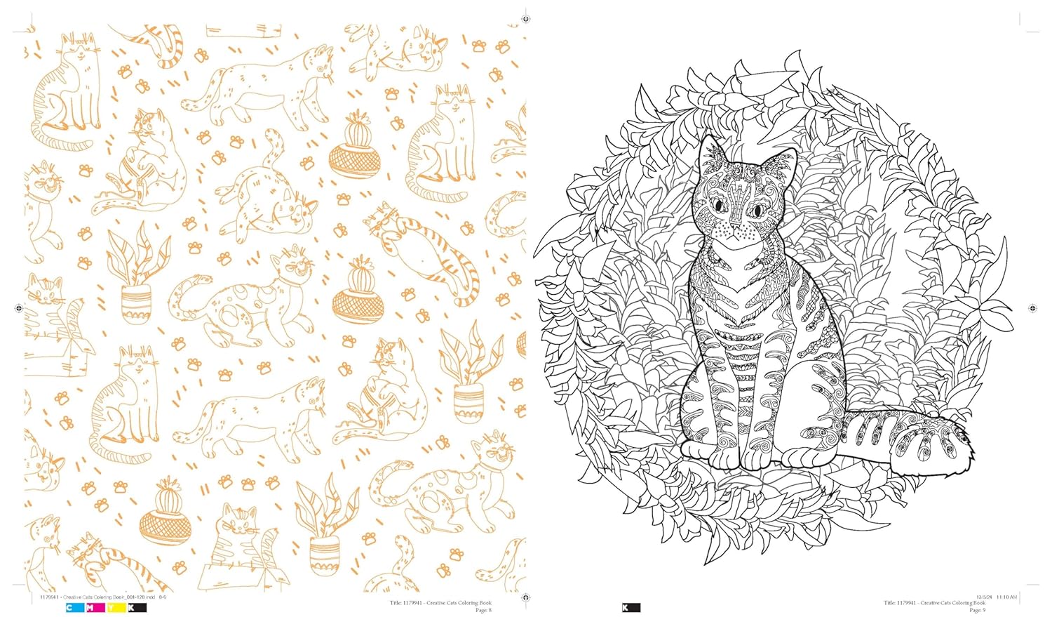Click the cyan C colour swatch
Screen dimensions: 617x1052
(70, 608)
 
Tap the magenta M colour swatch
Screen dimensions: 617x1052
(90, 608)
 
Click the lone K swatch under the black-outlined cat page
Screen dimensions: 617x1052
(626, 608)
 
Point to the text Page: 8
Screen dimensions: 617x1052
(484, 610)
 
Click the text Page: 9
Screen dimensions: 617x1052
(977, 610)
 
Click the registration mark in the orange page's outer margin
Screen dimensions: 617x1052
(18, 308)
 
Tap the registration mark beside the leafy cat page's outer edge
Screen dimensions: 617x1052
(1032, 308)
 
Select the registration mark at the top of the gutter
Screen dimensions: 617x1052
(525, 19)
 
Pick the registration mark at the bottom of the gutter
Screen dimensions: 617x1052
(525, 597)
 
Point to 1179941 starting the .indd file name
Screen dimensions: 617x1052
(42, 597)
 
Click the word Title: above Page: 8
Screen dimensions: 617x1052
(397, 603)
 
